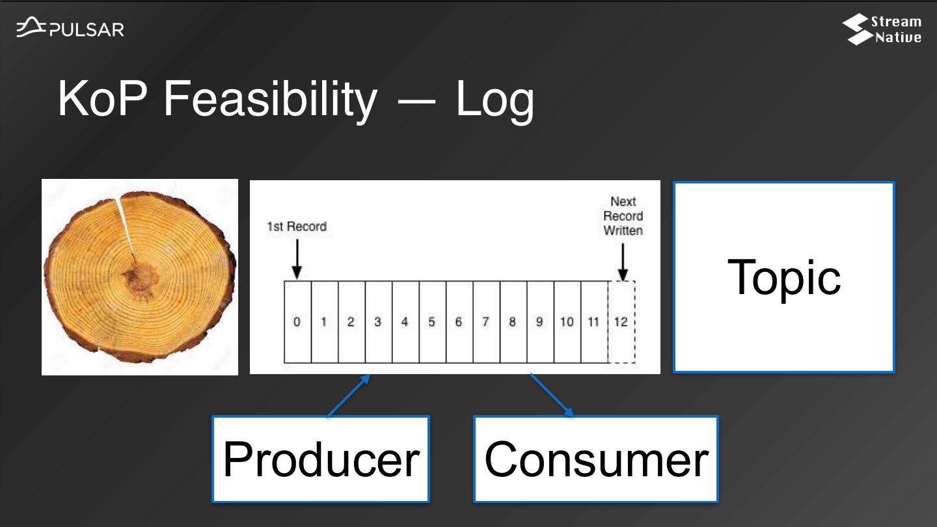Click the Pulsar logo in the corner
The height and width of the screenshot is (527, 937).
coord(70,29)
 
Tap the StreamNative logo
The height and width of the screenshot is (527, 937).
coord(882,30)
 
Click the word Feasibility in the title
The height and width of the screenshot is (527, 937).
coord(269,99)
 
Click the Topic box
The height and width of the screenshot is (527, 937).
coord(783,277)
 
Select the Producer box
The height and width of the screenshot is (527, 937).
coord(321,459)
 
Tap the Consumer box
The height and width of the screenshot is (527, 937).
coord(595,459)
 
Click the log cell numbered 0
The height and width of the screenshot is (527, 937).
coord(297,321)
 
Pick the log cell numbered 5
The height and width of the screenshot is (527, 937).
coord(432,321)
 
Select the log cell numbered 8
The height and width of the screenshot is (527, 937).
coord(513,321)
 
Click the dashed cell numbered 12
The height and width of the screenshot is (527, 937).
coord(621,321)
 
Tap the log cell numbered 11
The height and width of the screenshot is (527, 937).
coord(593,321)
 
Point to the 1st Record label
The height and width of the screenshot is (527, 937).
coord(297,226)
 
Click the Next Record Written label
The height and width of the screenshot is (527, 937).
coord(623,216)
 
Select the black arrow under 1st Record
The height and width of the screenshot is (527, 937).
coord(297,259)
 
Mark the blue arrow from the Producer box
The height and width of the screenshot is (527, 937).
coord(349,396)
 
